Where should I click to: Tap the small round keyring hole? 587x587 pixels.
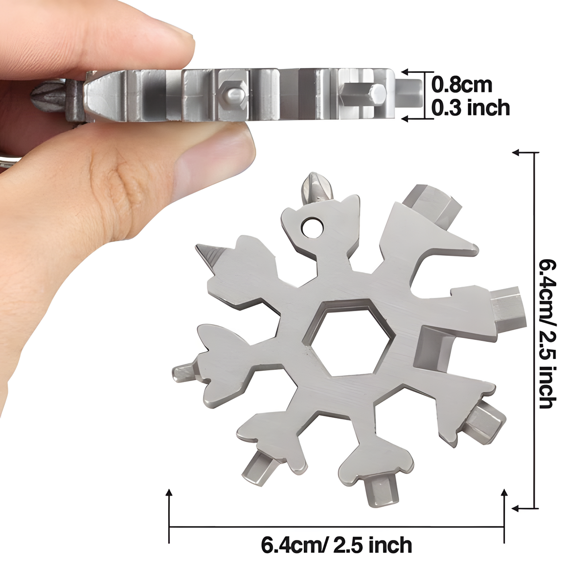tap(312, 226)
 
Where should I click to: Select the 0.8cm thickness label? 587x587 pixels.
tap(461, 85)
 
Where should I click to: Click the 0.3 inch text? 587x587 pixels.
tap(470, 108)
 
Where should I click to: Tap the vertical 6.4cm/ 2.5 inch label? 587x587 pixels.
tap(547, 334)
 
